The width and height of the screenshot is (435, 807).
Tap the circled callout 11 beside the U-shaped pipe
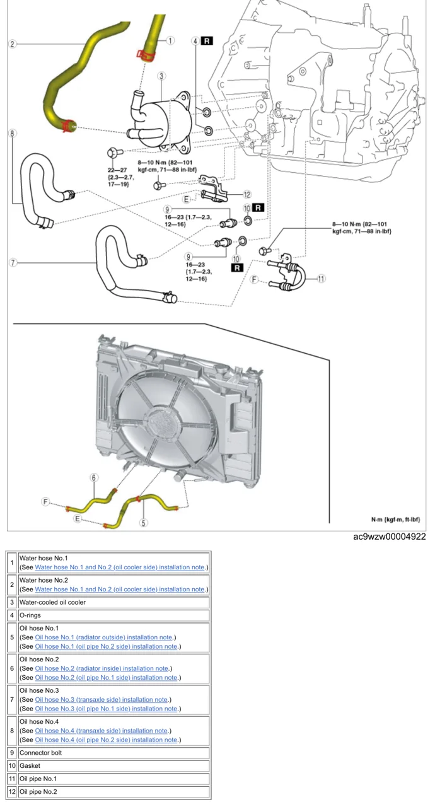[x=321, y=278]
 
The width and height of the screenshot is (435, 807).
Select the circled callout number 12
[x=248, y=195]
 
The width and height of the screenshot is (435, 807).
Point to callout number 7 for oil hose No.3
[x=12, y=262]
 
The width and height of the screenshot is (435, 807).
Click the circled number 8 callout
[x=12, y=134]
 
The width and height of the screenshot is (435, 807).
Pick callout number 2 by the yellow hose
[x=12, y=44]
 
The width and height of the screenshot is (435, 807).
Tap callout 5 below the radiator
[x=144, y=522]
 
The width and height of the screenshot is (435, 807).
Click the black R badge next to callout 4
[x=207, y=41]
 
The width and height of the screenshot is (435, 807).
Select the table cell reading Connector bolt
[x=40, y=753]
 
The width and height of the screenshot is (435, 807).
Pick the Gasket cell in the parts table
[x=30, y=765]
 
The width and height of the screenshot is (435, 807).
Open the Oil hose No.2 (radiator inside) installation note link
[x=101, y=668]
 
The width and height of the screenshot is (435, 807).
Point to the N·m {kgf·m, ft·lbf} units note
[x=395, y=520]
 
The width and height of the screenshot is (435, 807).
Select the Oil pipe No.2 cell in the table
[x=38, y=791]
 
